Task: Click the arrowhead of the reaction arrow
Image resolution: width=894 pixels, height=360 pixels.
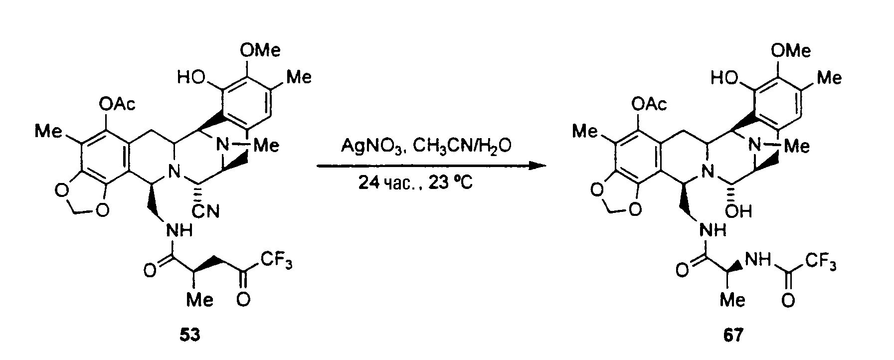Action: pos(535,166)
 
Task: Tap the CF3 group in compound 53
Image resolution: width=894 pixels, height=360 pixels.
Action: pos(276,263)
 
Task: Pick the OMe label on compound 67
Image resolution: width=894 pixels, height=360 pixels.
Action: pos(791,50)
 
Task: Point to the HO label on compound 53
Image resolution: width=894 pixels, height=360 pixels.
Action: pos(189,78)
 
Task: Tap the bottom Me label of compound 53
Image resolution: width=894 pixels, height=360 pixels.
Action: pos(200,300)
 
